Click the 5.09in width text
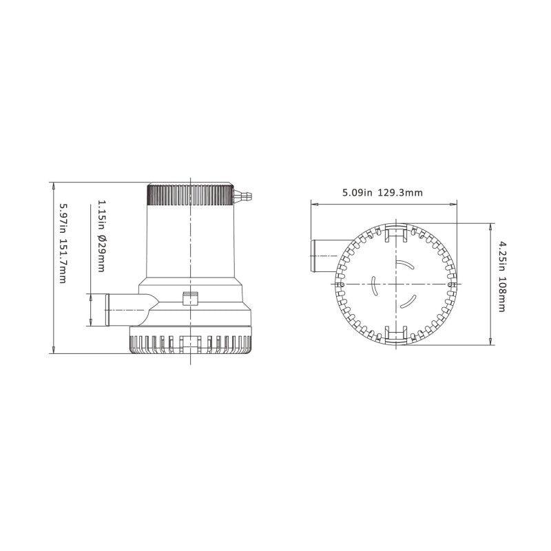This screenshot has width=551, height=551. click(358, 194)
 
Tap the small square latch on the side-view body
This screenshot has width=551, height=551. click(189, 298)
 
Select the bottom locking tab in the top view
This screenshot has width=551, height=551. click(396, 334)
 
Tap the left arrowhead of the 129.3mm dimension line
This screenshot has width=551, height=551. click(313, 204)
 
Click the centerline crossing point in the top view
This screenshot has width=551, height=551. click(396, 284)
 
